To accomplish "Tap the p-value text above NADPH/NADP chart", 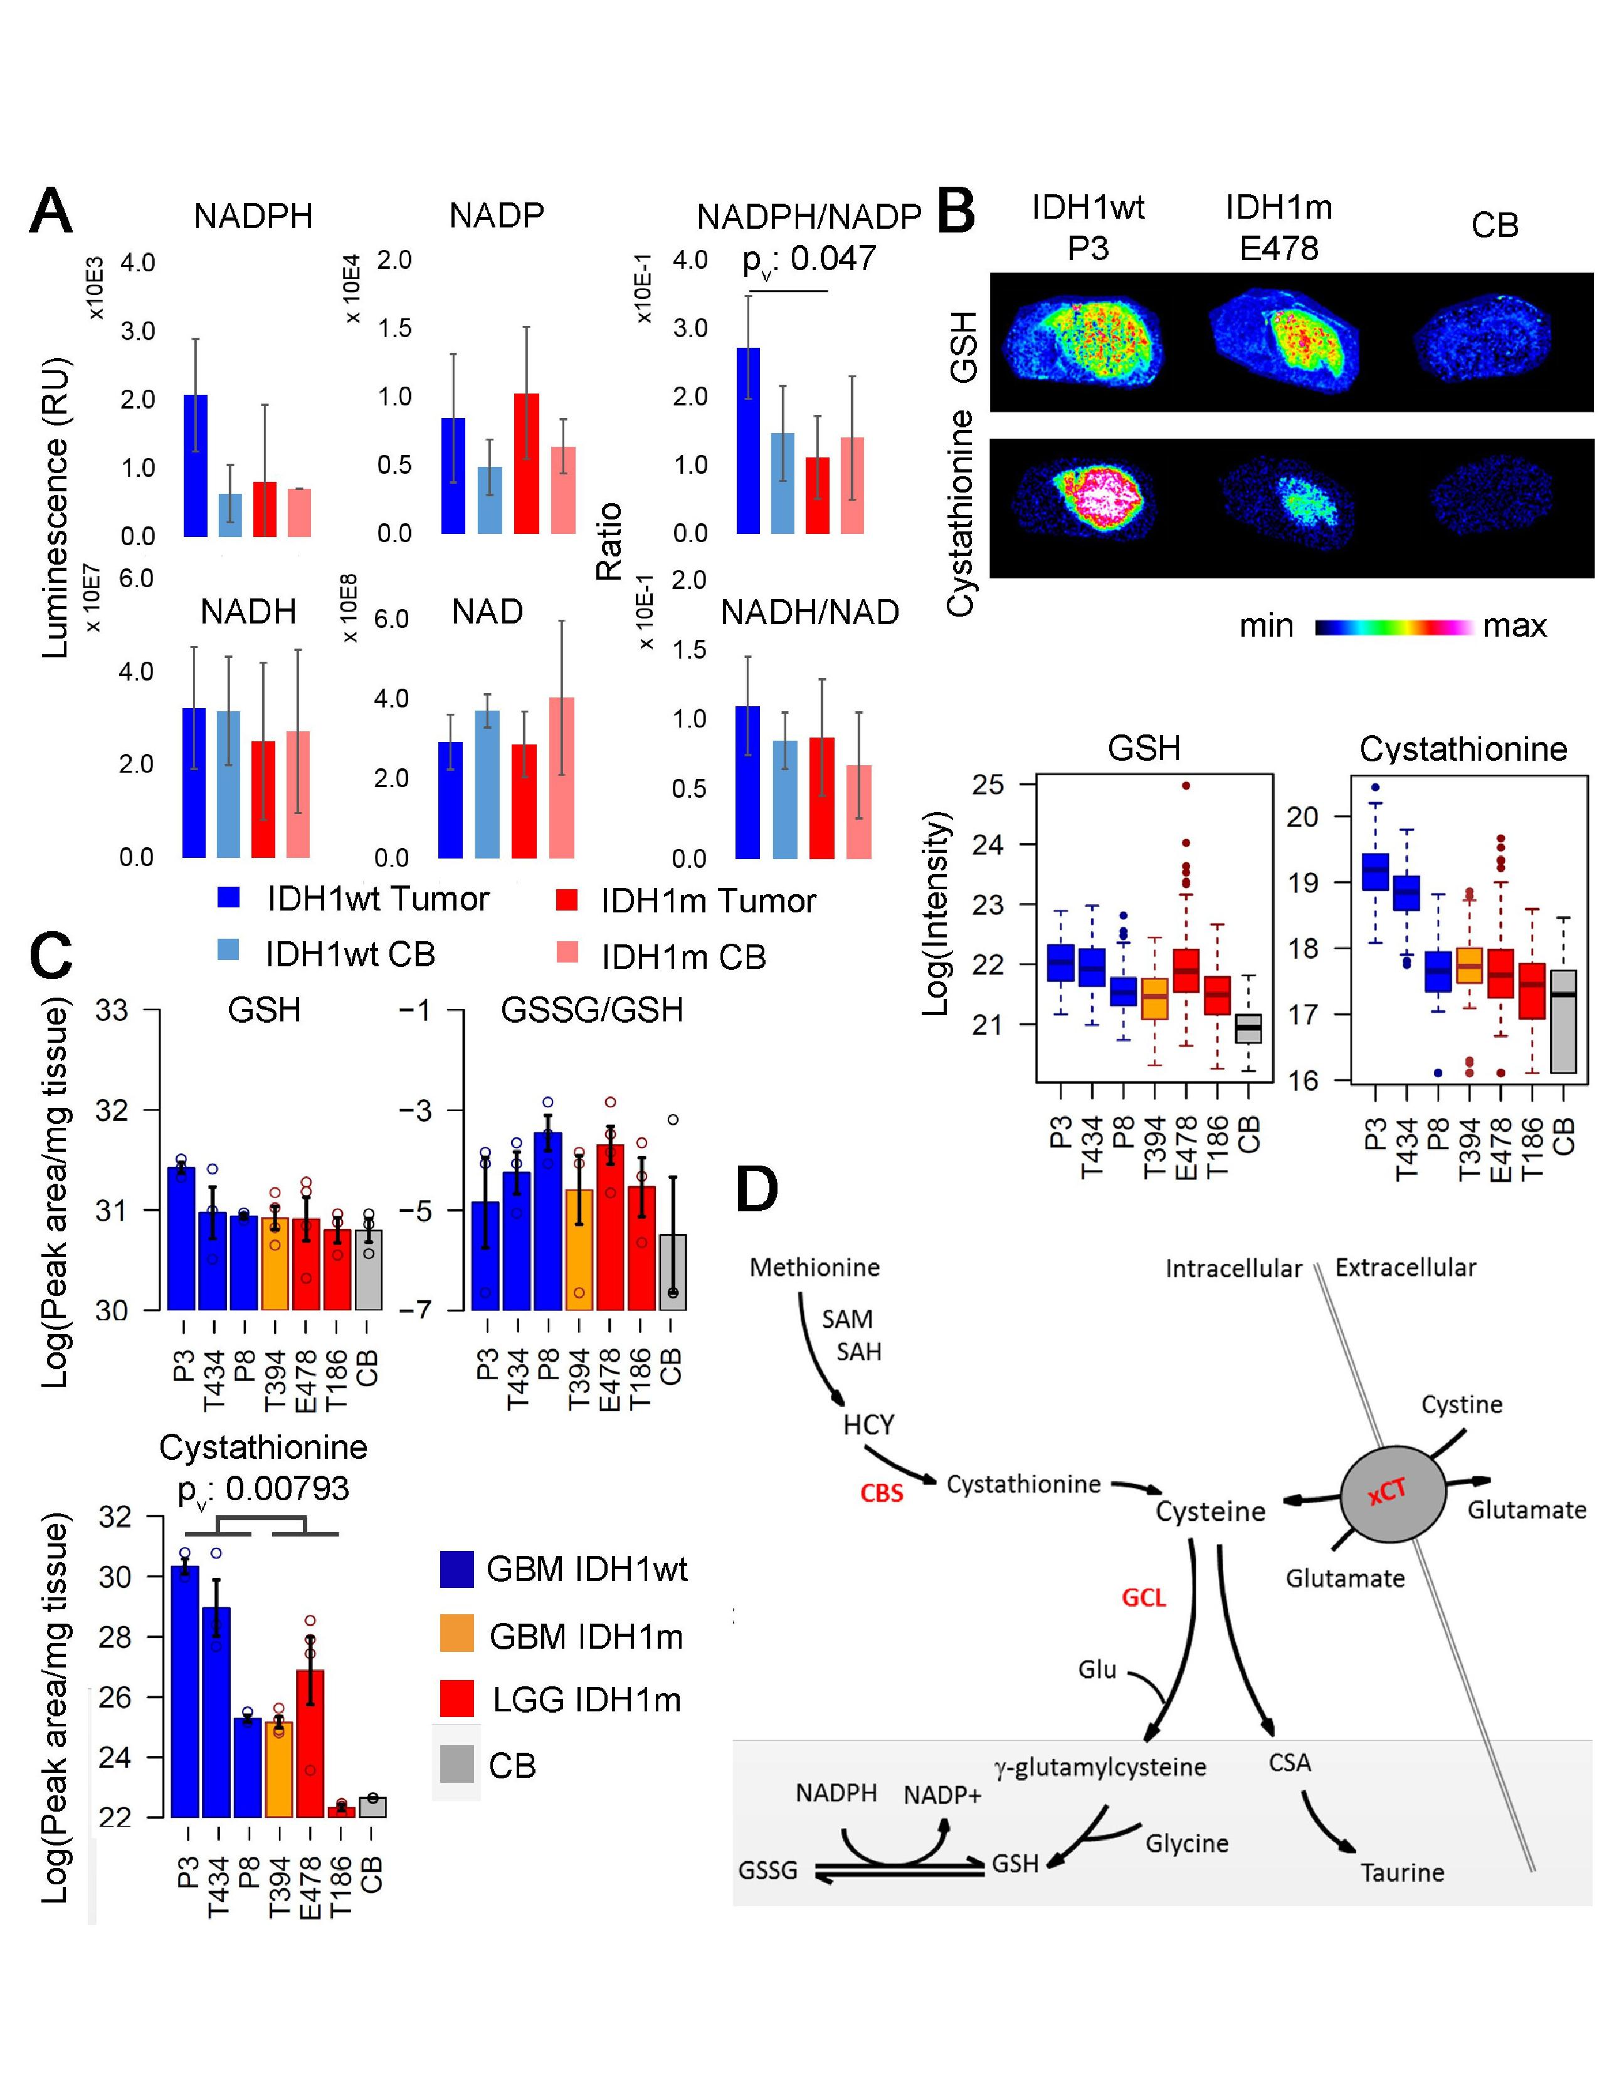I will pos(808,259).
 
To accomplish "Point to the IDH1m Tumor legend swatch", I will pos(567,899).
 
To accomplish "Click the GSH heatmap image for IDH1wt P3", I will pos(1084,343).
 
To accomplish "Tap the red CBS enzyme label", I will pos(881,1493).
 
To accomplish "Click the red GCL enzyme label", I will pos(1144,1597).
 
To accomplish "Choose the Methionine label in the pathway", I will pos(814,1267).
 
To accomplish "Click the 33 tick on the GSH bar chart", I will pos(112,1010).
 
